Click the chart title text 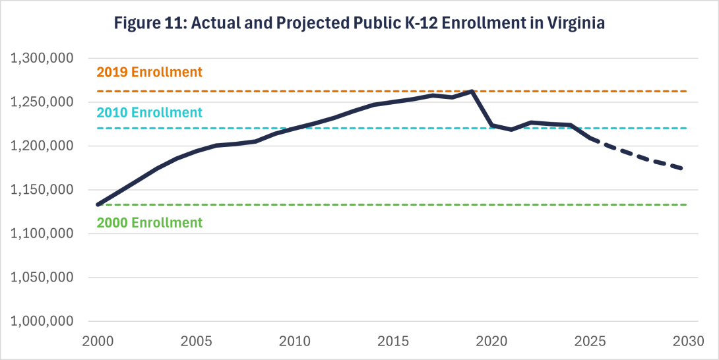tap(359, 22)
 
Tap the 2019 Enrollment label tap(149, 72)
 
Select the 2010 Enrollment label tap(149, 113)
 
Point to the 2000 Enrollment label tap(149, 223)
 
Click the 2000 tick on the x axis tap(98, 342)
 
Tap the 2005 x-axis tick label tap(196, 342)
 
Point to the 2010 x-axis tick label tap(294, 342)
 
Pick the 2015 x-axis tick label tap(393, 342)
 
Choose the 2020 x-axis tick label tap(491, 342)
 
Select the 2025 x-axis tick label tap(590, 342)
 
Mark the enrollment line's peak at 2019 tap(472, 92)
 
